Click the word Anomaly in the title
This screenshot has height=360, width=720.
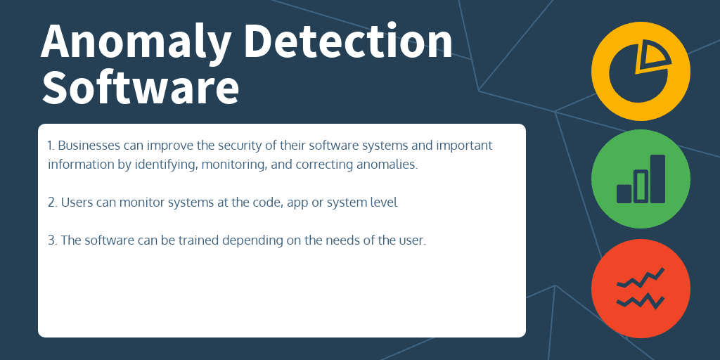tap(136, 42)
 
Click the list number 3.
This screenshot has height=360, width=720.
tap(52, 240)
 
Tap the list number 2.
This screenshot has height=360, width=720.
tap(52, 202)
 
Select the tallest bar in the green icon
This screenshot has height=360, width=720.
tap(657, 179)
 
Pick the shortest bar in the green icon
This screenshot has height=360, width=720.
tap(624, 193)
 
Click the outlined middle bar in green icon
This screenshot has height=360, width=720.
tap(641, 186)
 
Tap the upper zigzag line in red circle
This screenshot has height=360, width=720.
tap(641, 278)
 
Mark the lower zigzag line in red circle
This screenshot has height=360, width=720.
tap(641, 301)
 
